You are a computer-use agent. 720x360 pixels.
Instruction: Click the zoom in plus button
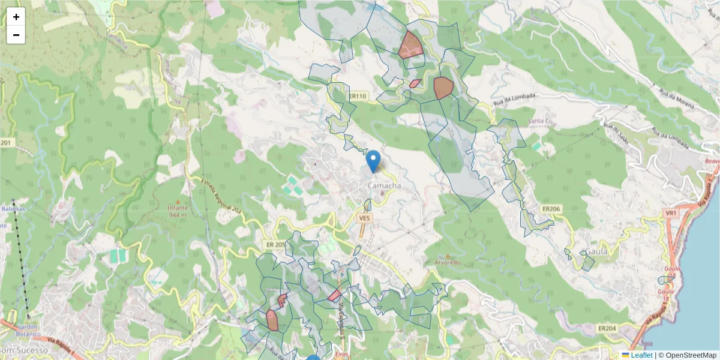tap(16, 17)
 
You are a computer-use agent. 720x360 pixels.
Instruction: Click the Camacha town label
tap(383, 187)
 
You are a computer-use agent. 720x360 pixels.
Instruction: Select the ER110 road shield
tap(357, 96)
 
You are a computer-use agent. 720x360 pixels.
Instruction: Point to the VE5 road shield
tap(364, 219)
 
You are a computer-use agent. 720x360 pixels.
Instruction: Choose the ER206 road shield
tap(550, 208)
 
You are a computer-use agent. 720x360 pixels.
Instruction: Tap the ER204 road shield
tap(607, 328)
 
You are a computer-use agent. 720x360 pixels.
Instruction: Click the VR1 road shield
tap(671, 213)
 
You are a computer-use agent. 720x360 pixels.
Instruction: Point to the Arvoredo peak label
tap(447, 262)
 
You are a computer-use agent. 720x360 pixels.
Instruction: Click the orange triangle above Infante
tap(178, 202)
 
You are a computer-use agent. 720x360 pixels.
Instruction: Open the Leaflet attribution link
tap(641, 355)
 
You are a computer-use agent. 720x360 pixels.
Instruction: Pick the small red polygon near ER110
tap(415, 83)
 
